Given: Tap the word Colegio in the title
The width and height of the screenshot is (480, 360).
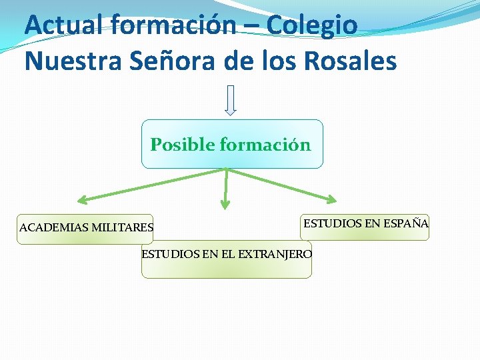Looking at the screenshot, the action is pos(312,25).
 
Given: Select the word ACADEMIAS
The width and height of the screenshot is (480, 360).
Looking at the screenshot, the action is pos(54,227).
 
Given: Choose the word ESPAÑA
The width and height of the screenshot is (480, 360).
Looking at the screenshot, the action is pos(406,223).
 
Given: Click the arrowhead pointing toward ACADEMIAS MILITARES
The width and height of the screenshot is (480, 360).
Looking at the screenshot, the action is pos(83,199).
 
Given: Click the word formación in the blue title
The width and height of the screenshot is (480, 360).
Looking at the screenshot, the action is pos(174,25).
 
